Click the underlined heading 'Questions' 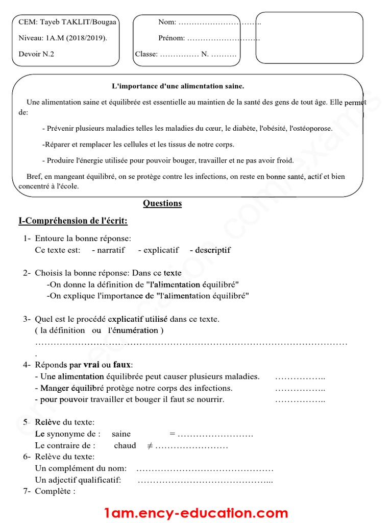point(162,203)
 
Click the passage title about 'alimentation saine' point(178,86)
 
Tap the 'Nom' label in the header point(167,22)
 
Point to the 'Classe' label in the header point(146,54)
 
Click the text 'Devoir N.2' point(36,54)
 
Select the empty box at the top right point(309,38)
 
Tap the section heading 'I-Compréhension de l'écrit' point(73,221)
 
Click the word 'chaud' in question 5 point(125,446)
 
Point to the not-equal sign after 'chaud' point(150,446)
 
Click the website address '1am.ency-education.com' point(196,512)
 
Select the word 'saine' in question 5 point(121,434)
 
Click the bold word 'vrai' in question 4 point(91,365)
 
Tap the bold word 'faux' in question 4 point(121,365)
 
